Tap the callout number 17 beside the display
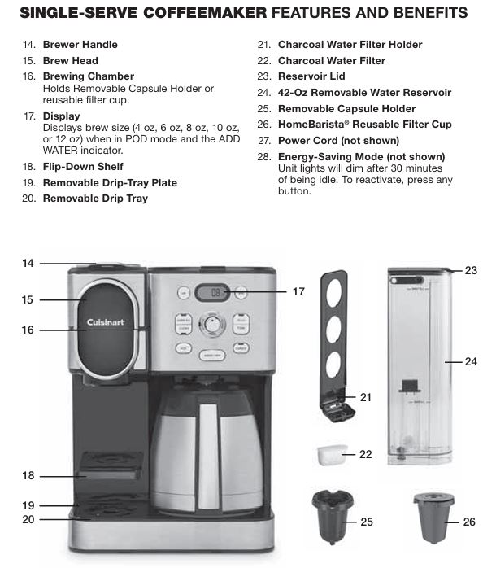tap(298, 291)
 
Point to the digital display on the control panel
tap(211, 291)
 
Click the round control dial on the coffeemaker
tap(212, 325)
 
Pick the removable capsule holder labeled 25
tap(329, 513)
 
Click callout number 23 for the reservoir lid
tap(471, 270)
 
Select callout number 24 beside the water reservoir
tap(471, 360)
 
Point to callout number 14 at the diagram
tap(28, 263)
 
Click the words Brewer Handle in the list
tap(80, 44)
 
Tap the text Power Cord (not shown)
tap(333, 140)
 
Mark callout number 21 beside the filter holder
tap(365, 397)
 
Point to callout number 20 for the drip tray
tap(28, 518)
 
